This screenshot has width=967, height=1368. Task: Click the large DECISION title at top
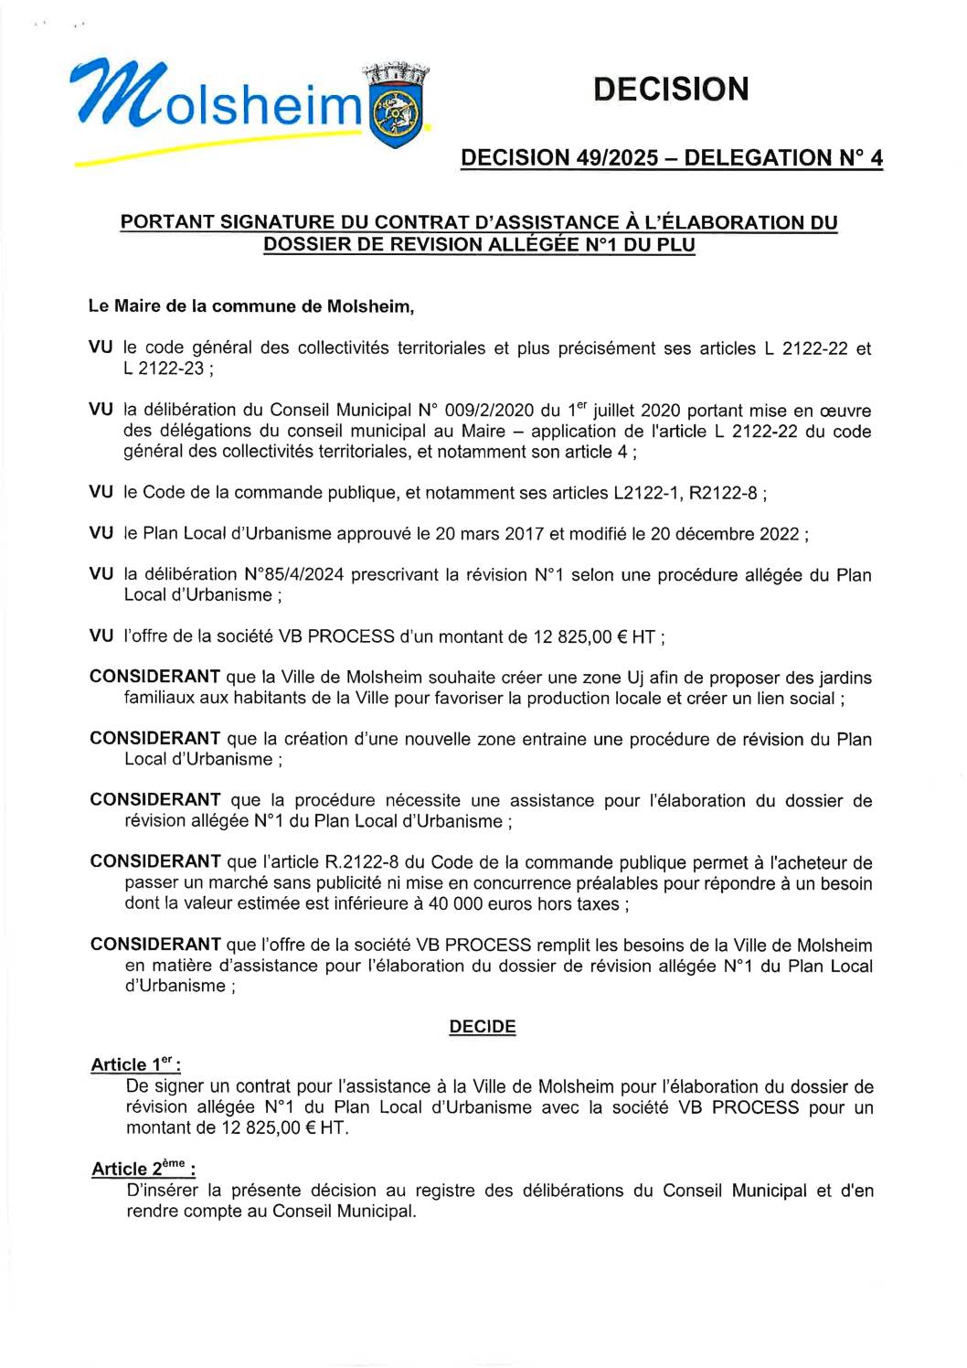pos(671,90)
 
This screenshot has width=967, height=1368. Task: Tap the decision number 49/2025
pos(617,157)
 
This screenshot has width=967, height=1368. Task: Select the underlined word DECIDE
pos(483,1027)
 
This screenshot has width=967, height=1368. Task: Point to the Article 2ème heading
pos(143,1169)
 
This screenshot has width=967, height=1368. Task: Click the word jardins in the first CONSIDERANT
pos(841,679)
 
